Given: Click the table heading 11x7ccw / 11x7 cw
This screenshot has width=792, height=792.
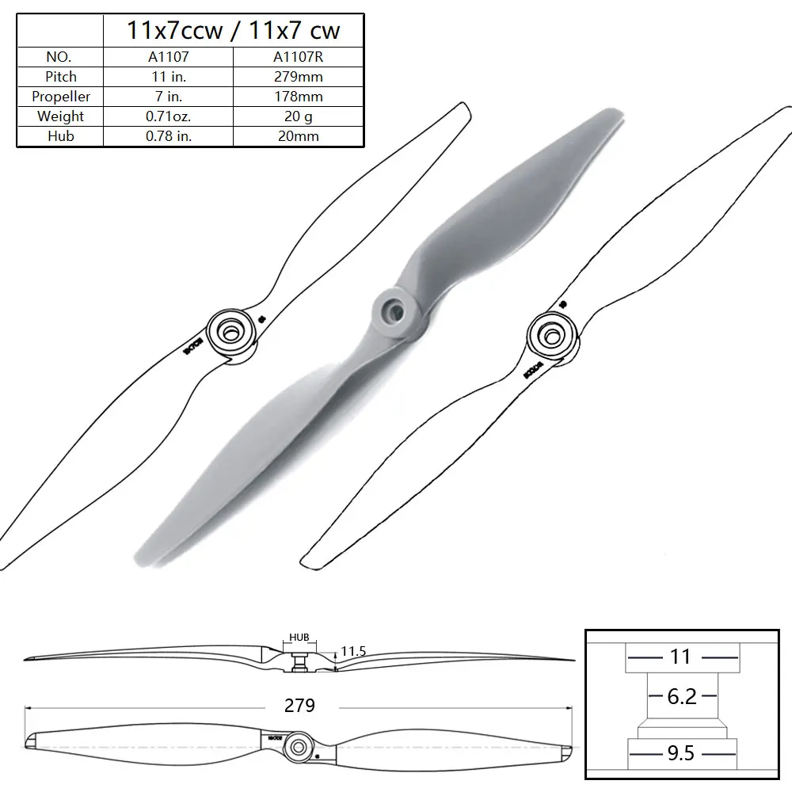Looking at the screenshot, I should point(234,30).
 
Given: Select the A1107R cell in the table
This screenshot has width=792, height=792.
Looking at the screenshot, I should point(298,57).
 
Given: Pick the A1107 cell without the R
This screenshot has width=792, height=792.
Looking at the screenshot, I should point(168,57).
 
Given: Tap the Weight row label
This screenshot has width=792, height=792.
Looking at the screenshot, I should point(61,116).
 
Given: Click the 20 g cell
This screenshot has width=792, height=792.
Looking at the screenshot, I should point(298,116).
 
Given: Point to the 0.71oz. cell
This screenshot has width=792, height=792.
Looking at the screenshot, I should point(168,116).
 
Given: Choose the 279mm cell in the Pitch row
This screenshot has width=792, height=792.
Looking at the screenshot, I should point(298,77).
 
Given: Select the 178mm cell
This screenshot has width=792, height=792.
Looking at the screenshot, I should point(298,97).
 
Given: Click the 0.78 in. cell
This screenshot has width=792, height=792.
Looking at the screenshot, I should point(168,136).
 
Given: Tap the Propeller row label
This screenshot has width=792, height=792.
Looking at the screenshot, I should point(61,97).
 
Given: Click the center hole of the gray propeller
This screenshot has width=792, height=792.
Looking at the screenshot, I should point(390,304).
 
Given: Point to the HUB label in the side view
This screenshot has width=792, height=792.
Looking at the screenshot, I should point(299,636).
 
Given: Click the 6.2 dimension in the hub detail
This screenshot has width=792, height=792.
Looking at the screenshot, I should point(681,696).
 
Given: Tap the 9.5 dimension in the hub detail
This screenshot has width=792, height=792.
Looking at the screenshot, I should point(681,752).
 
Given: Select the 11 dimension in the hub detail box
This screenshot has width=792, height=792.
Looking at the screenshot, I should point(681,656).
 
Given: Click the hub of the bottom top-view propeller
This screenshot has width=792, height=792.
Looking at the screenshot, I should point(298,745).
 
